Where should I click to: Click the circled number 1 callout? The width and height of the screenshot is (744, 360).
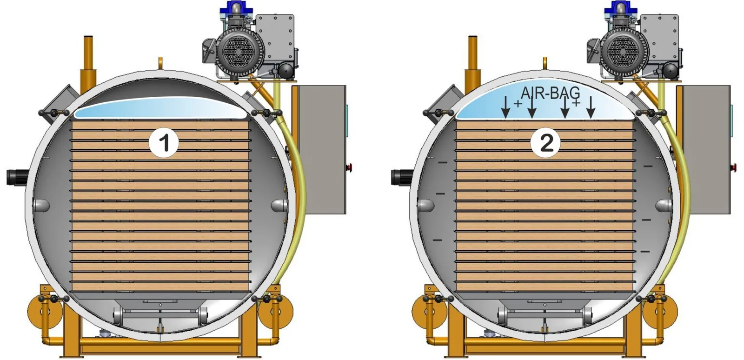pos(164,143)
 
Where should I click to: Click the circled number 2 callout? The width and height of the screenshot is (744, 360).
pos(545,143)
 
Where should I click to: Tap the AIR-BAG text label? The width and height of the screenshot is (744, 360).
pos(551,93)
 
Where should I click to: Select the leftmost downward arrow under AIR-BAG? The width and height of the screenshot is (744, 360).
pos(505,107)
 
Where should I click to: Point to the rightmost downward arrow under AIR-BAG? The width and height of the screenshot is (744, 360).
pos(590,107)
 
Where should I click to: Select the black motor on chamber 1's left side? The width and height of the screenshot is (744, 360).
pos(17,177)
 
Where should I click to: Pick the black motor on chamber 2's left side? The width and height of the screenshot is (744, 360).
pos(402,177)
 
